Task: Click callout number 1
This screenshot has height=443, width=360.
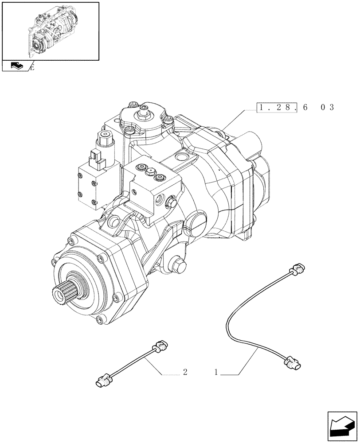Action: coord(216,373)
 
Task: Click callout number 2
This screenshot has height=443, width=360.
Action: coord(185,373)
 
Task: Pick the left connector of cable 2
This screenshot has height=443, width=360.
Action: coord(104,379)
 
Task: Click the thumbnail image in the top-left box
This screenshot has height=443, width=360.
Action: coord(50,30)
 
